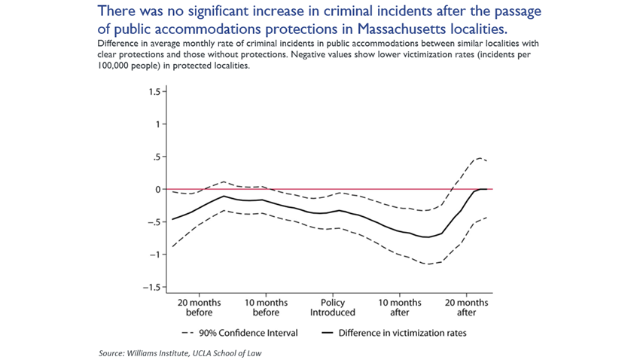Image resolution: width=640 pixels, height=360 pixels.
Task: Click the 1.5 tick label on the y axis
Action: (154, 92)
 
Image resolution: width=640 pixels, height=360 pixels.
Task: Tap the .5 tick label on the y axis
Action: (156, 157)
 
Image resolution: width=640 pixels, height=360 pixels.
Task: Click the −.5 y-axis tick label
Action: (153, 222)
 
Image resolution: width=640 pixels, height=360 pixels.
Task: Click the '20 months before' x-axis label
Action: (200, 307)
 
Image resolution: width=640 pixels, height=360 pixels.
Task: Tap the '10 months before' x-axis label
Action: (266, 307)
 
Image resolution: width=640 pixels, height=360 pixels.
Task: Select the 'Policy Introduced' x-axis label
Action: (333, 307)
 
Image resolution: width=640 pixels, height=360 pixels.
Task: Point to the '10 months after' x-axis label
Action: (400, 307)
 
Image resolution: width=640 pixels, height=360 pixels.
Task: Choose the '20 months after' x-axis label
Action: (467, 307)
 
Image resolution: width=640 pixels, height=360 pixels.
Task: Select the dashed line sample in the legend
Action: (189, 332)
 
